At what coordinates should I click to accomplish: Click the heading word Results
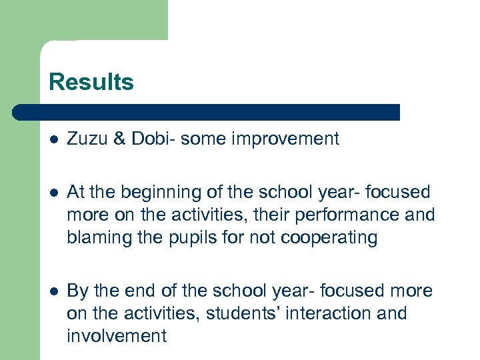tap(91, 82)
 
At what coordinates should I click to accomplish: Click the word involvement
tap(117, 336)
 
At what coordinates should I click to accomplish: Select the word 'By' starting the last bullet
tap(77, 291)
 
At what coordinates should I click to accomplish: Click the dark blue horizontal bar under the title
tap(207, 112)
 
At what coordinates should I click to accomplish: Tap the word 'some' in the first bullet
tap(202, 139)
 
